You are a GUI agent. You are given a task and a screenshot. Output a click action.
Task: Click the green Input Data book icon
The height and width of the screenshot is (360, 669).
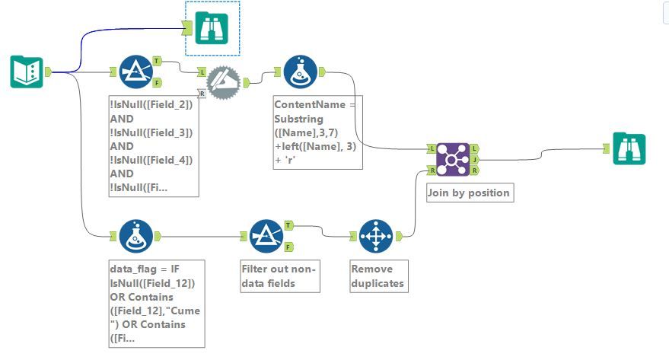pyautogui.click(x=26, y=72)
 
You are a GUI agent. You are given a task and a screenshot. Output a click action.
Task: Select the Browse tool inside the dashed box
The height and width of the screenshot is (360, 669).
pyautogui.click(x=212, y=28)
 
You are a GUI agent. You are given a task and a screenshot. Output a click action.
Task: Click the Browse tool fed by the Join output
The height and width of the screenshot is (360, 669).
pyautogui.click(x=629, y=149)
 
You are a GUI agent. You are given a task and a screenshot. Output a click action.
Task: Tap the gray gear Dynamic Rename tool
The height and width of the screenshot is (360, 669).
pyautogui.click(x=223, y=78)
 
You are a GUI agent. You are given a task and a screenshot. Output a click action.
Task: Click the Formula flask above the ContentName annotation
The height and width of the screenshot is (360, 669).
pyautogui.click(x=300, y=72)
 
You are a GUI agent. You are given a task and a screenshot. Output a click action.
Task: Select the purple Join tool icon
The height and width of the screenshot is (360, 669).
pyautogui.click(x=452, y=161)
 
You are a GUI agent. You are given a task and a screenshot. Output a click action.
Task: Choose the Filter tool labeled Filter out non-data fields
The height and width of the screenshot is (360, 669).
pyautogui.click(x=266, y=236)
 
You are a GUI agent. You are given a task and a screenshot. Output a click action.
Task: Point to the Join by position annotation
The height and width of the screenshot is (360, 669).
pyautogui.click(x=468, y=193)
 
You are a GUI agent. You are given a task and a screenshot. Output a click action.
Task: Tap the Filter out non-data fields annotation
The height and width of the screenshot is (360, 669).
pyautogui.click(x=278, y=276)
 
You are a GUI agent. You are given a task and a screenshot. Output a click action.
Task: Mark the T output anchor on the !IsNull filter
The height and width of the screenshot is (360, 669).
pyautogui.click(x=156, y=60)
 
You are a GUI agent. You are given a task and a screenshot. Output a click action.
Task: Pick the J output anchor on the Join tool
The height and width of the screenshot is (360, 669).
pyautogui.click(x=474, y=160)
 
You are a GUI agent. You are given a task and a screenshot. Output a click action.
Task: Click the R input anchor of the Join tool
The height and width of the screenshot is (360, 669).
pyautogui.click(x=432, y=170)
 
